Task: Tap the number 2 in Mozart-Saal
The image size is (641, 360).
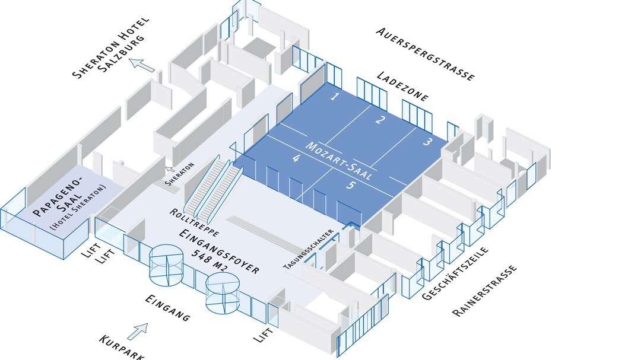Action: coord(380,120)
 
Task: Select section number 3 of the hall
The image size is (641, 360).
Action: coord(427,142)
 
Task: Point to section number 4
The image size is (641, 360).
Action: coord(296,159)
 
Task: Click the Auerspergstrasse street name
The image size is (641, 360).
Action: coord(425,53)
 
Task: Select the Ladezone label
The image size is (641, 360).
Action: coord(402,87)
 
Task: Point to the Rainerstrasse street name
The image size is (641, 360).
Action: coord(484,291)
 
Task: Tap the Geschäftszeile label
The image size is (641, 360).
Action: coord(455,273)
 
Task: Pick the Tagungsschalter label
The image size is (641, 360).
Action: coord(309,249)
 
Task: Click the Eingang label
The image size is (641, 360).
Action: coord(168,308)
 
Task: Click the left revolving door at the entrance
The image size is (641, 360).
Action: coord(166,265)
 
